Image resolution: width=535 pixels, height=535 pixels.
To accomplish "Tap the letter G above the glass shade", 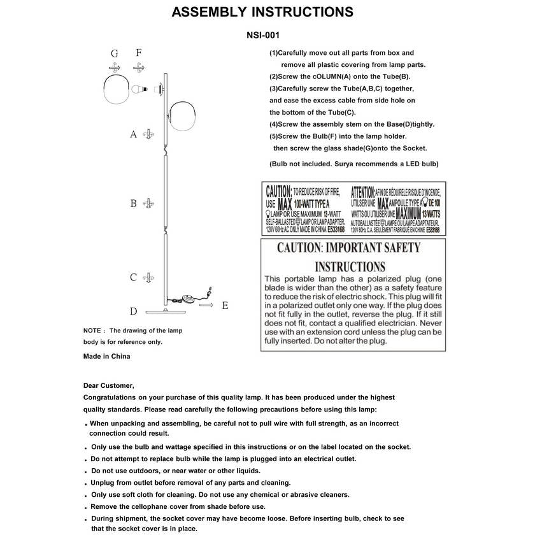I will [115, 53].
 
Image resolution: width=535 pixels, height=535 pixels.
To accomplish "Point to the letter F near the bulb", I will [138, 53].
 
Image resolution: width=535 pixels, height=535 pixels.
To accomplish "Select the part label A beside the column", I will [133, 134].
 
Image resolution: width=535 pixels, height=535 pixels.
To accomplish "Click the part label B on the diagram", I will [133, 204].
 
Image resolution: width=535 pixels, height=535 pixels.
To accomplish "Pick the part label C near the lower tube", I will [133, 278].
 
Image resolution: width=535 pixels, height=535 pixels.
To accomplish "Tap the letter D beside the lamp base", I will [133, 311].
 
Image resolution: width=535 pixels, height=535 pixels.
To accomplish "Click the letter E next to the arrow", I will [225, 306].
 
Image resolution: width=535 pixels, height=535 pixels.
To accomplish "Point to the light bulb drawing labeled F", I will [139, 89].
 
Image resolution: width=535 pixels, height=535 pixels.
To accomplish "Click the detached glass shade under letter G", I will [117, 90].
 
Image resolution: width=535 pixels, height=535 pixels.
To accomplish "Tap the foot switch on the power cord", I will [189, 298].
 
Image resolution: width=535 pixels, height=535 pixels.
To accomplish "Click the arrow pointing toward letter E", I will [206, 306].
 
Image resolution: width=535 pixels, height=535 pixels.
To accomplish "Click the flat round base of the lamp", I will [164, 311].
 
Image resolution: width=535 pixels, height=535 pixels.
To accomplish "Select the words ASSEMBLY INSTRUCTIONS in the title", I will [262, 12].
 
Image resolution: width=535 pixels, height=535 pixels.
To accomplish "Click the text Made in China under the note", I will [106, 357].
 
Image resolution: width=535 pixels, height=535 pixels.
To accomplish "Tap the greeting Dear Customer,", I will [109, 385].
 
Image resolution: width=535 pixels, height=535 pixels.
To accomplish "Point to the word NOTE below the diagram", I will [92, 331].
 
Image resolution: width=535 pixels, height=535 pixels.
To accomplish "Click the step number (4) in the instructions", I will [274, 125].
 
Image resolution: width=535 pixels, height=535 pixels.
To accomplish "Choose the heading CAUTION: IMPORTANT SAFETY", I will [348, 248].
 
